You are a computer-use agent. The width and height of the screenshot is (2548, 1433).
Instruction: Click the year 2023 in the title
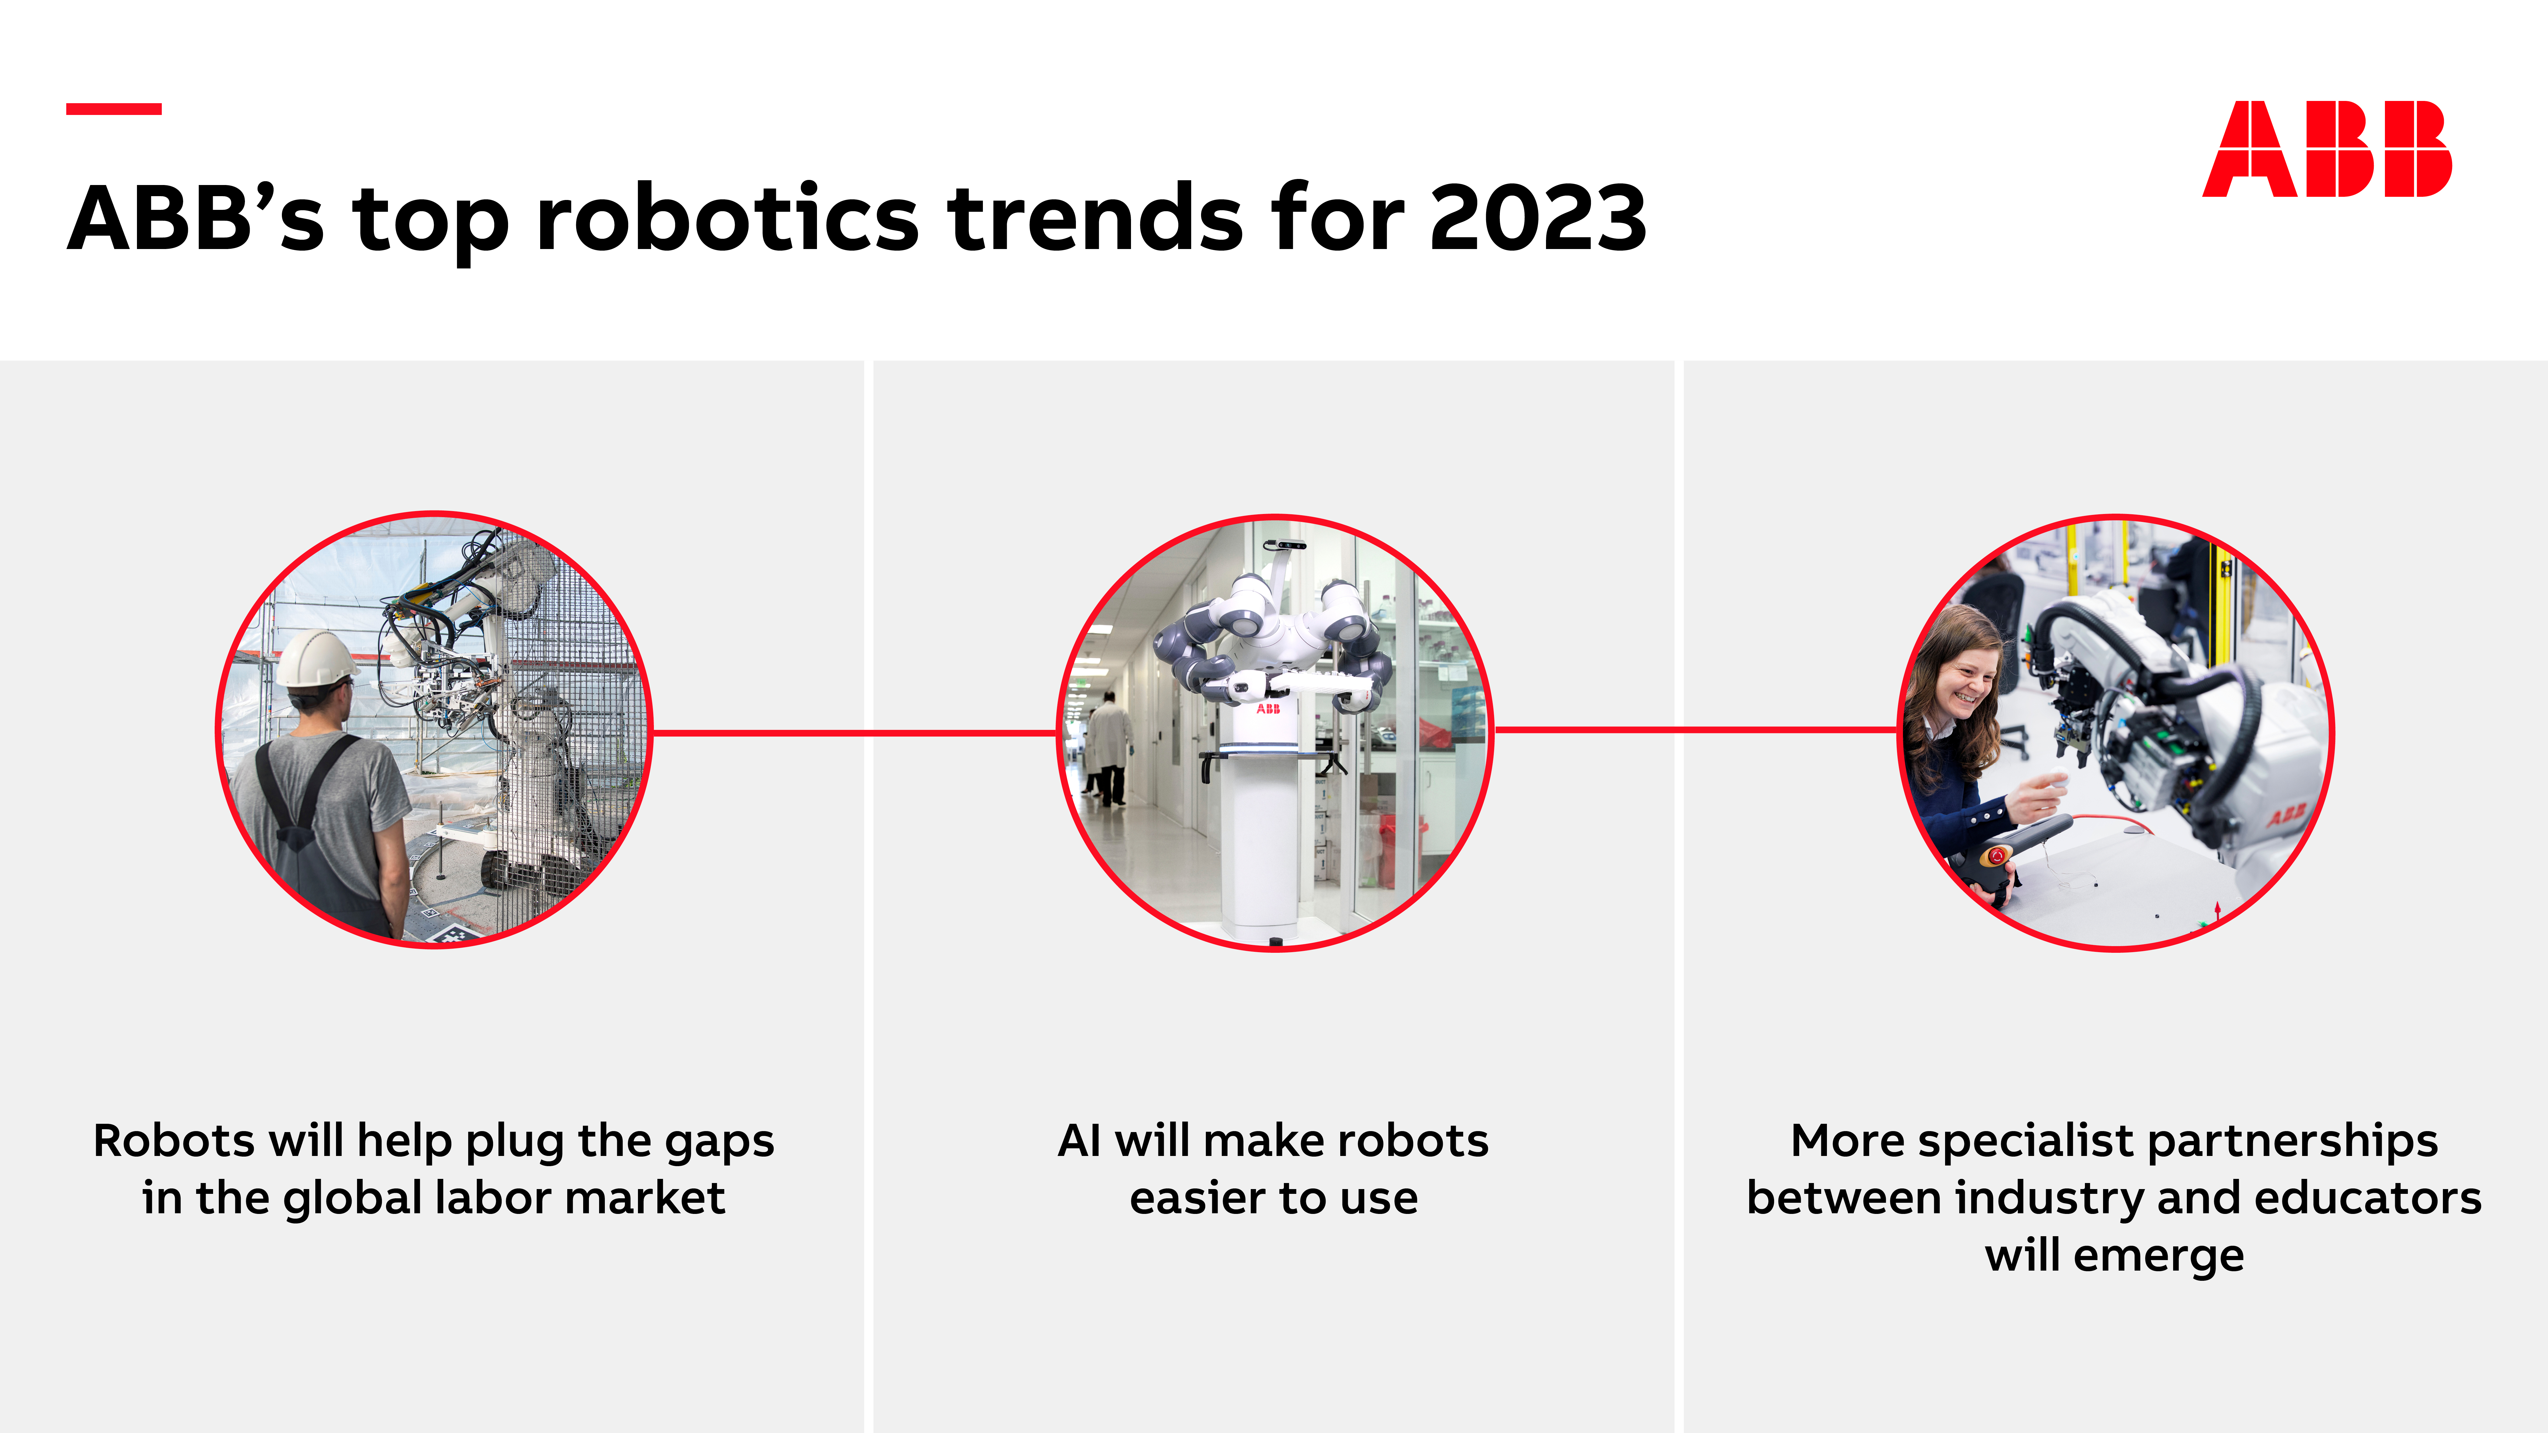(1538, 218)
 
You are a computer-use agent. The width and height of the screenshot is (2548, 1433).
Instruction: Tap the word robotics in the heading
(727, 218)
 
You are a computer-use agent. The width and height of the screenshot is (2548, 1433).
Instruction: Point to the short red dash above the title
(114, 109)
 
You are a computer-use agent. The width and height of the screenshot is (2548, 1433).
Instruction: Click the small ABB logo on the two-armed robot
(1268, 709)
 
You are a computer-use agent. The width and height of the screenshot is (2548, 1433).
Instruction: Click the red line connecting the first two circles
(855, 733)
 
